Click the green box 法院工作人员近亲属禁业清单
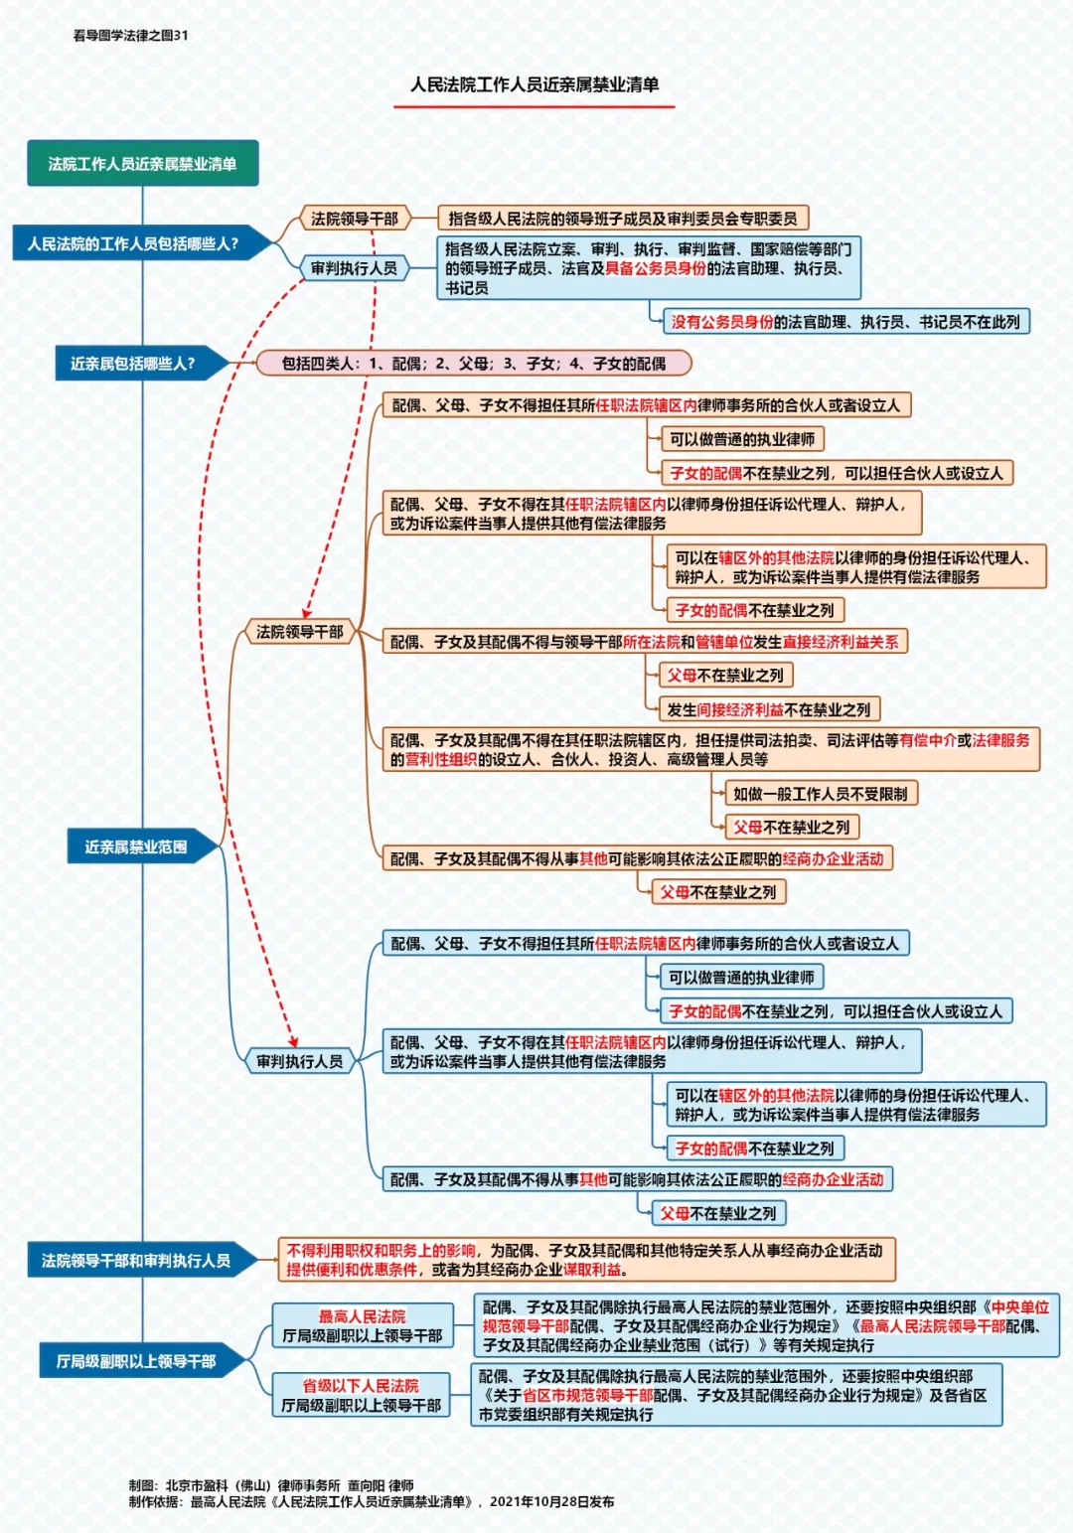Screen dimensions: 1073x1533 142,163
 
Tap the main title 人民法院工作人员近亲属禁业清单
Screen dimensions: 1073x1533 535,84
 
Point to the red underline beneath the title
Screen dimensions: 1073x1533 535,106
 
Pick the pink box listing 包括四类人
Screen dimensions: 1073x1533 474,364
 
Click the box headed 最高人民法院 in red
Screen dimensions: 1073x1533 363,1325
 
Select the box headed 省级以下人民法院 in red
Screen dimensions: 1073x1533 361,1395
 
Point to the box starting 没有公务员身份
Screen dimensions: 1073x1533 846,321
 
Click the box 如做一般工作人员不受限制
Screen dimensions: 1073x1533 821,793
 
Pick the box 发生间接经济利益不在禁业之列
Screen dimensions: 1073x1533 768,709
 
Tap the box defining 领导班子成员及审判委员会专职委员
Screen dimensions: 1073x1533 623,219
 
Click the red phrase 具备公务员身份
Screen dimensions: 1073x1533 655,268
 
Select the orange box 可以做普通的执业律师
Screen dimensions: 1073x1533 742,439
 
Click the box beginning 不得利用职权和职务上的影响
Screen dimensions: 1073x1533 586,1259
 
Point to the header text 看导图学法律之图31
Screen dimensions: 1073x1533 130,36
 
